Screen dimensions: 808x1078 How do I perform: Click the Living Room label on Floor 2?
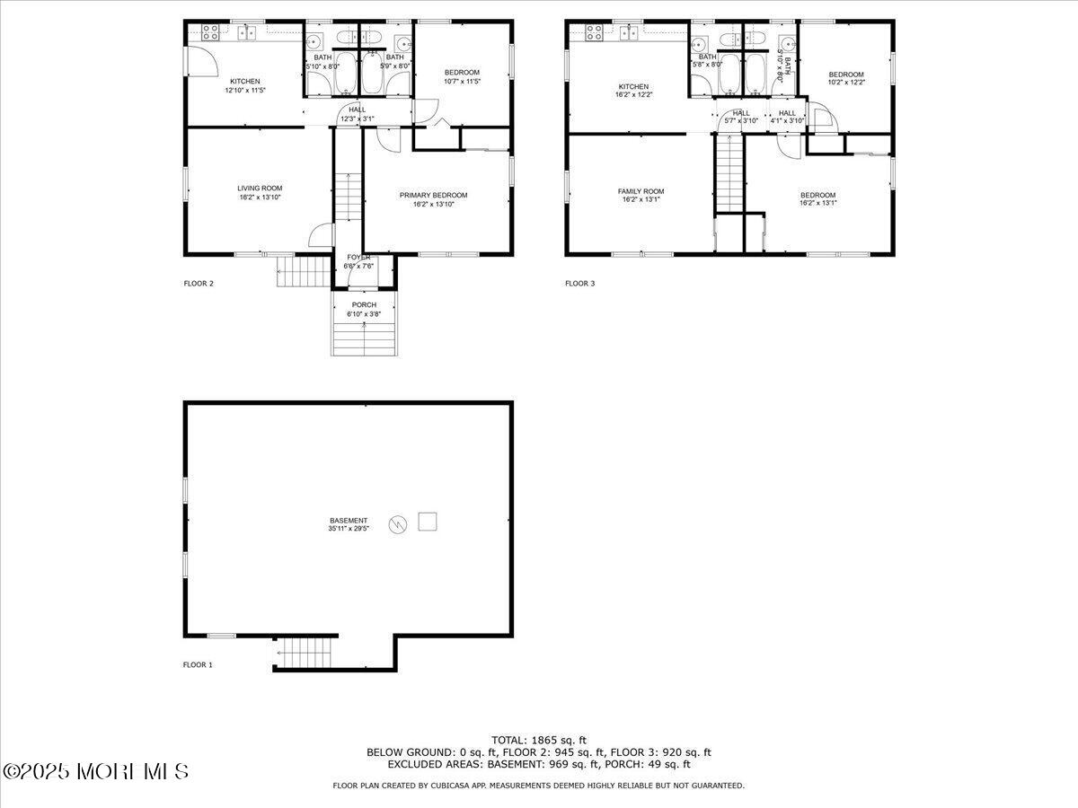(x=260, y=189)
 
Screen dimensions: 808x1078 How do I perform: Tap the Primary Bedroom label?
(x=433, y=195)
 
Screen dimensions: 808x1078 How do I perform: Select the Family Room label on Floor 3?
(x=641, y=191)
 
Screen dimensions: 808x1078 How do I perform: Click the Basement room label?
(x=348, y=521)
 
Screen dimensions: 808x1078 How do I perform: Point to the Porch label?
(x=364, y=305)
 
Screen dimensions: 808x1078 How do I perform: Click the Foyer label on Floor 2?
(x=358, y=258)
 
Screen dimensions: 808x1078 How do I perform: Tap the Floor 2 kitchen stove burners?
(x=211, y=33)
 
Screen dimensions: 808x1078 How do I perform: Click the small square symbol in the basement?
(x=429, y=522)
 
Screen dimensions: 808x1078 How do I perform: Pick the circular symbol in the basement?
(x=398, y=524)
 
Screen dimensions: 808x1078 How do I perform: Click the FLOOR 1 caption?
(x=198, y=665)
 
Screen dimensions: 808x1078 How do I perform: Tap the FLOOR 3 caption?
(x=579, y=284)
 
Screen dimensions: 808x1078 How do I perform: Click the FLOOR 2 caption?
(x=198, y=284)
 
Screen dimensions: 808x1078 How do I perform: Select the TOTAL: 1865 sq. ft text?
(x=538, y=740)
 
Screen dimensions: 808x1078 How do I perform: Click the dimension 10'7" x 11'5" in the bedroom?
(x=462, y=82)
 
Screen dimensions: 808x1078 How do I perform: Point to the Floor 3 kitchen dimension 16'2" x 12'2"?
(x=632, y=95)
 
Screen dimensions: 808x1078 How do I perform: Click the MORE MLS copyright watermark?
(x=95, y=771)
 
